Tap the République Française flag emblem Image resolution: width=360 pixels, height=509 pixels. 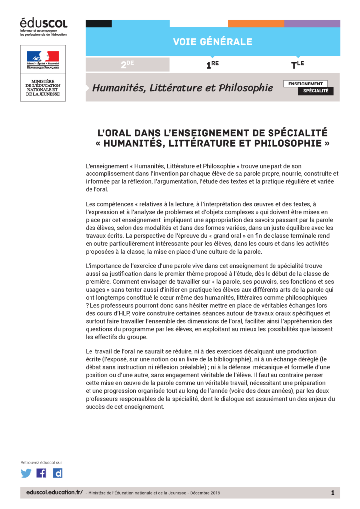point(43,56)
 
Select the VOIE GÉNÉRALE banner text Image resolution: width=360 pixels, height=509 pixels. point(212,42)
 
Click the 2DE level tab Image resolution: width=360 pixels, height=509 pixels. point(128,64)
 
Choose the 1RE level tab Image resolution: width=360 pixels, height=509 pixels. point(213,64)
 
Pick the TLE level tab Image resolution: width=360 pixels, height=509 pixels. point(297,64)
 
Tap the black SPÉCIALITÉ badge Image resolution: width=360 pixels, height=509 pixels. point(316,91)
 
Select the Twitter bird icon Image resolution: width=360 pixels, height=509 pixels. point(26,473)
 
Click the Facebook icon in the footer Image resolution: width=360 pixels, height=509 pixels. point(42,473)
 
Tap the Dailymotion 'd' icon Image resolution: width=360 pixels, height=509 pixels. point(58,473)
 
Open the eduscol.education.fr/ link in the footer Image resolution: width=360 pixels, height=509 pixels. point(54,492)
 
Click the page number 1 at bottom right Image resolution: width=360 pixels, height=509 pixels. point(332,492)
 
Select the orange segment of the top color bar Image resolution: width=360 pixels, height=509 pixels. point(256,23)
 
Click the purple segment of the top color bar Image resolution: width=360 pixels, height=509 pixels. point(312,23)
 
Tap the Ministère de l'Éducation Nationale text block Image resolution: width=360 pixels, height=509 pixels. point(43,87)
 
